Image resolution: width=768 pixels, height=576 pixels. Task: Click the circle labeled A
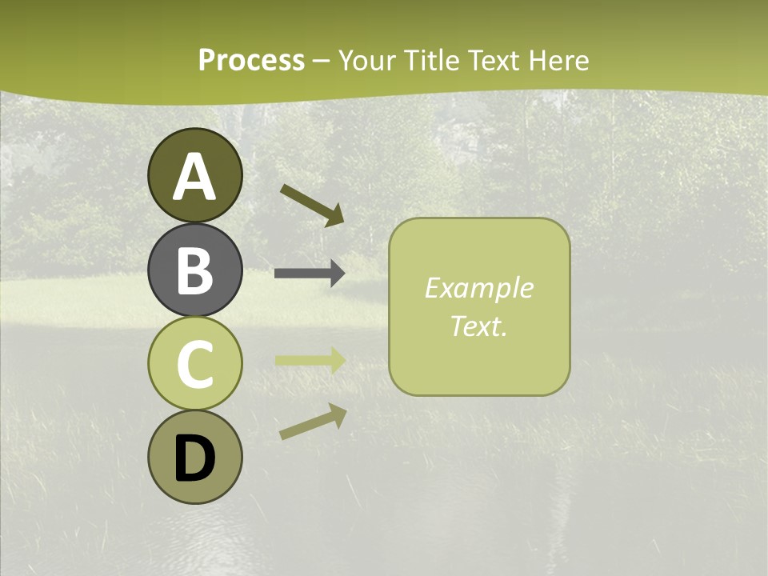pos(194,175)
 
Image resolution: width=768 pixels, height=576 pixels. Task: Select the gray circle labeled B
pos(194,270)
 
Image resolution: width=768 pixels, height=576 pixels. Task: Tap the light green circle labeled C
pos(194,363)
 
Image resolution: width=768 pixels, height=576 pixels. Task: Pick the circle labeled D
pos(194,457)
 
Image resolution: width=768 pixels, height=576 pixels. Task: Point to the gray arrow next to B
pos(310,274)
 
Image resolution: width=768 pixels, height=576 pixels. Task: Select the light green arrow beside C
pos(310,360)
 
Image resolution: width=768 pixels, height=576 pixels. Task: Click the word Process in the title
pos(251,60)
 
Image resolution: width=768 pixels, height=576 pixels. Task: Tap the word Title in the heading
pos(432,60)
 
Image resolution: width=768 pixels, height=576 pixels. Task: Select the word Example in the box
pos(479,288)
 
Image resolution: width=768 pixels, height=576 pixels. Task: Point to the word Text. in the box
pos(479,326)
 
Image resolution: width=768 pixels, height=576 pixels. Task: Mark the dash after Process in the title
pos(322,61)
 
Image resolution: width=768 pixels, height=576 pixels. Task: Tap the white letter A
pos(194,176)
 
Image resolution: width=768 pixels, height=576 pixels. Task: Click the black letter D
pos(194,458)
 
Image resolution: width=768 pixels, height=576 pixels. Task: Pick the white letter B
pos(194,270)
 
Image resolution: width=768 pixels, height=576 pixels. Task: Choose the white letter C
pos(194,364)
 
